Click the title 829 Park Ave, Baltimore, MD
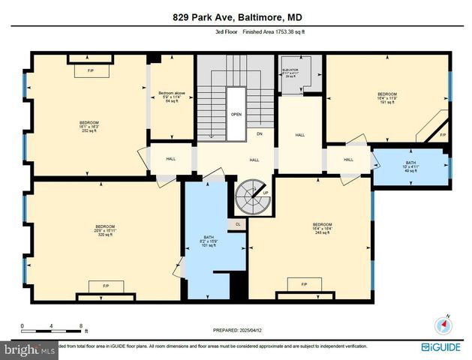point(236,17)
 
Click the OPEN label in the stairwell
point(236,115)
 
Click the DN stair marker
point(260,134)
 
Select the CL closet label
point(237,223)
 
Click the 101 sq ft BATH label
point(208,242)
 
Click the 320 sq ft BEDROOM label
point(104,230)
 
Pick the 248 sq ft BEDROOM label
point(322,229)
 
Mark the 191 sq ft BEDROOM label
point(386,97)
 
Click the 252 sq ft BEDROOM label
point(89,126)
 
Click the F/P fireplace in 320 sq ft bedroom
point(100,285)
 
